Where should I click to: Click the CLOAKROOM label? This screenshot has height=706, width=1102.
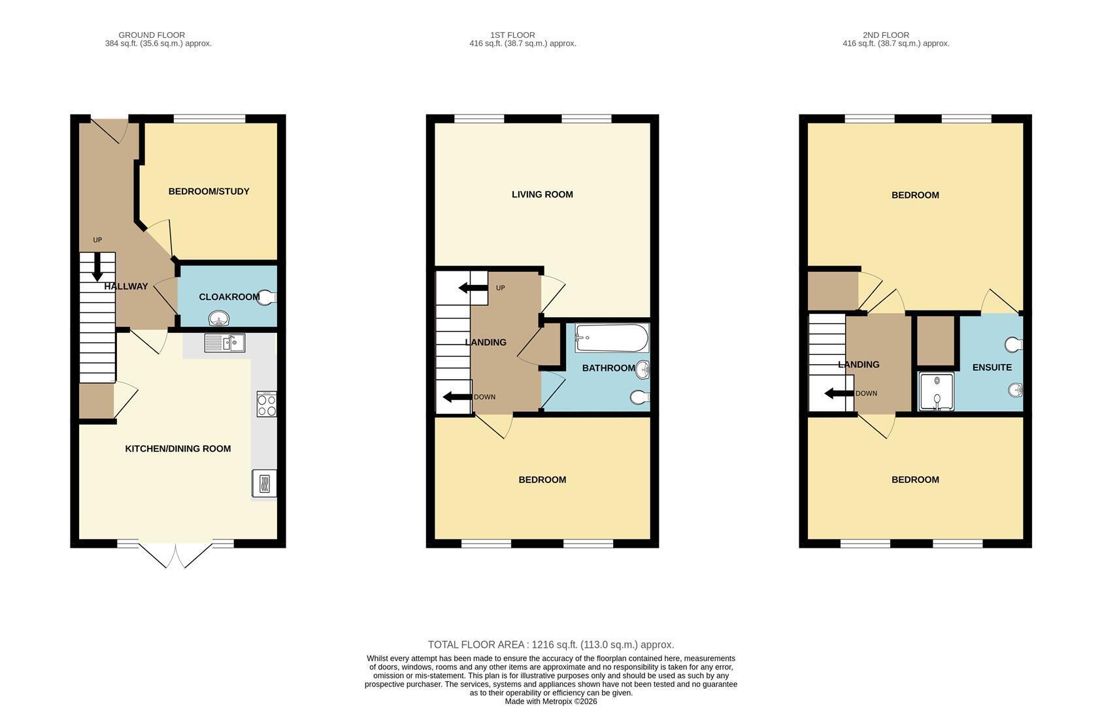pos(229,297)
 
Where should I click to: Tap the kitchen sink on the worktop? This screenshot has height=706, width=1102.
pos(225,343)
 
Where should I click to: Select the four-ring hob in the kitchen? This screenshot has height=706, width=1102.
pos(267,404)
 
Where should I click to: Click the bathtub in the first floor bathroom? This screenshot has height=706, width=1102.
pos(612,337)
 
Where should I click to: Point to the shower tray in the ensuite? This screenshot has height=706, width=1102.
pos(936,391)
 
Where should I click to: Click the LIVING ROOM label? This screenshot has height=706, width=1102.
pos(542,194)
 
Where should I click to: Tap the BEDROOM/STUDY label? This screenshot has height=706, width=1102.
pos(209,192)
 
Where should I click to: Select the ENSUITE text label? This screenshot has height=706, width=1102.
pos(992,367)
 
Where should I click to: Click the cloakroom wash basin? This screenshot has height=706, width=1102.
pos(219,318)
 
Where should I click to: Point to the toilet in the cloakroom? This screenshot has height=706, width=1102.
pos(267,297)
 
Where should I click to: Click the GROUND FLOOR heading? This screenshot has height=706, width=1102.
pos(152,35)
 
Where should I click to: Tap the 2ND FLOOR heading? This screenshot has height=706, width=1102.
pos(886,35)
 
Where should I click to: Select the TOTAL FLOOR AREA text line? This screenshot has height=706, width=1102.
pos(551,645)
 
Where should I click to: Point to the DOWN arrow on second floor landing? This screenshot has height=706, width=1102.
pos(839,393)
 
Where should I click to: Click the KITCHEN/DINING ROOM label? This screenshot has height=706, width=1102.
pos(178,448)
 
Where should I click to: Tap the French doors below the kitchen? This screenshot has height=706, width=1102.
pos(176,555)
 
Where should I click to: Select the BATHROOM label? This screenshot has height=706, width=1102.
pos(609,368)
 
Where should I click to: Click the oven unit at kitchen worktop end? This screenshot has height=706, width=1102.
pos(264,483)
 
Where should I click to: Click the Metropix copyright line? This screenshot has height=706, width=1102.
pos(551,701)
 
